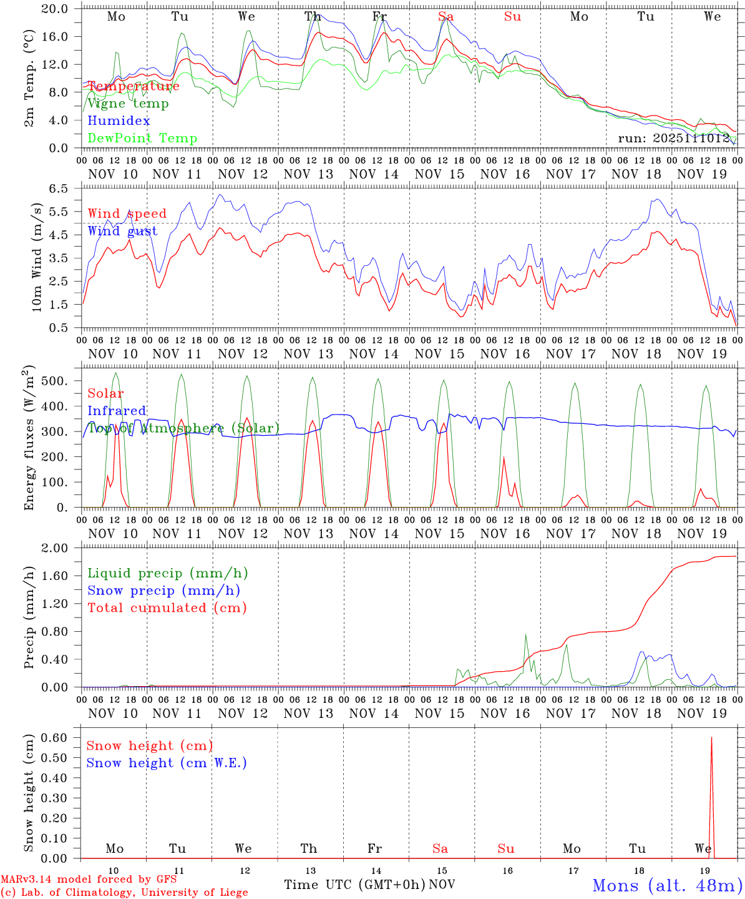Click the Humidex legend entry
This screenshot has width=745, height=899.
pos(119,120)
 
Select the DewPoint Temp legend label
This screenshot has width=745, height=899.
pos(142,138)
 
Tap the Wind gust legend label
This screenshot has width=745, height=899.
pos(122,231)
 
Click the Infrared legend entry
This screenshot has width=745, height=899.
pos(117,411)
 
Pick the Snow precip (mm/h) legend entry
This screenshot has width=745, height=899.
pos(163,591)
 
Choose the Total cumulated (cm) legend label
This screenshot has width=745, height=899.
pos(167,607)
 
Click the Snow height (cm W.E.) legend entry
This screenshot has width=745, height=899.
pos(167,763)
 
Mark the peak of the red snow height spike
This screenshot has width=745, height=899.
pos(711,737)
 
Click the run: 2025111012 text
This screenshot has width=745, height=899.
pos(674,138)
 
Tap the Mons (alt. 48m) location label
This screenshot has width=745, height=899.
pos(667,885)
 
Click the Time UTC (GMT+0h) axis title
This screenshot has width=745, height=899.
pos(354,885)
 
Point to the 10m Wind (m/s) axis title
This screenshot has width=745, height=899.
pos(36,257)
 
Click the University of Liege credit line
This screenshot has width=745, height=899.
pos(124,893)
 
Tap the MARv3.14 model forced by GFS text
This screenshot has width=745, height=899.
pos(89,880)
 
